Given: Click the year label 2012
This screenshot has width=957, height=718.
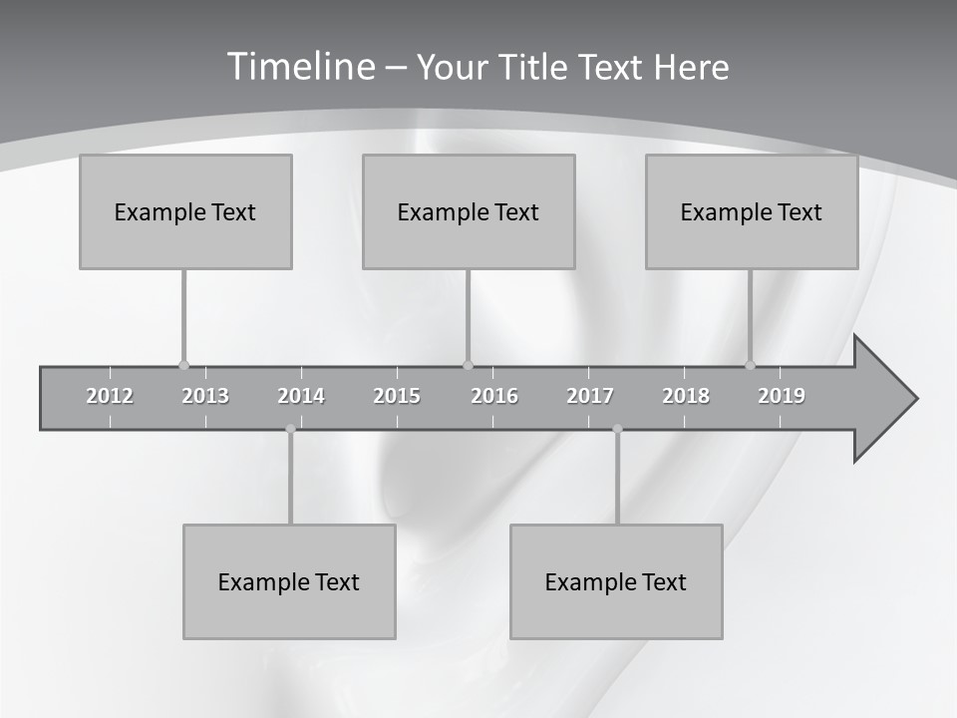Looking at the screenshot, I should click(110, 396).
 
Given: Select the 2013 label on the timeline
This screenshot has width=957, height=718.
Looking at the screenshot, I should click(205, 396).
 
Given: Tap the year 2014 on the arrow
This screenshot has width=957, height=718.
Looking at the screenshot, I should click(301, 396).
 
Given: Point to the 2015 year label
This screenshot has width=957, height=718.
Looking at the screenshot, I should click(397, 396).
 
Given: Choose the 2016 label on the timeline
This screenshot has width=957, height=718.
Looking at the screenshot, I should click(494, 396).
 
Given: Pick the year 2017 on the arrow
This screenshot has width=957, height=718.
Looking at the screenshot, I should click(590, 396).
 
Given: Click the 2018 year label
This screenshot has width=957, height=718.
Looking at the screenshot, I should click(686, 396).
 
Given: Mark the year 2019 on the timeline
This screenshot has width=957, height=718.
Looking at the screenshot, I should click(782, 396).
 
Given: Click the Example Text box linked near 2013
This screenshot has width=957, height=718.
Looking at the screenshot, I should click(185, 211).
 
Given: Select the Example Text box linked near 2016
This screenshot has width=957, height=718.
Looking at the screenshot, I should click(469, 211).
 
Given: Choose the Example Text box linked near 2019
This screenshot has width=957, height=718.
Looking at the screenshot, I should click(752, 211).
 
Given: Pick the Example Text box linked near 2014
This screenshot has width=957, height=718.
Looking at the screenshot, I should click(289, 582).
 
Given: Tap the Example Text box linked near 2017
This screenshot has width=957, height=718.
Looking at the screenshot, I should click(616, 582).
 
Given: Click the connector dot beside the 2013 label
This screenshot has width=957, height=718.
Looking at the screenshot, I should click(183, 365).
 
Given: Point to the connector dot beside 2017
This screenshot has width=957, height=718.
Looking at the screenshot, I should click(617, 429).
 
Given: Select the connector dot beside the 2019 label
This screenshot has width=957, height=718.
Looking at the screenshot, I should click(751, 365).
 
